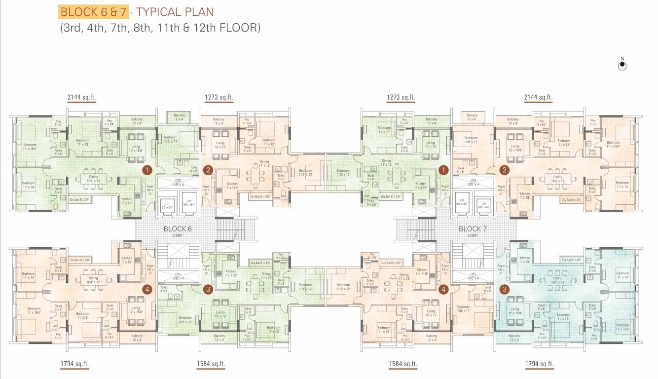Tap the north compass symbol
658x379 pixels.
(x=622, y=66)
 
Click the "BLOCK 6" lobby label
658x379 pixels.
(x=178, y=229)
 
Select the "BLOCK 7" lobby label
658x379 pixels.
(x=473, y=229)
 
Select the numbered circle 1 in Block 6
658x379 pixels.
(x=146, y=170)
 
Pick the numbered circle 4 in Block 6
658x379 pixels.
(x=146, y=289)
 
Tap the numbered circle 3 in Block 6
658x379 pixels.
(x=208, y=289)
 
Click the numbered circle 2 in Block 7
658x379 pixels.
(x=504, y=170)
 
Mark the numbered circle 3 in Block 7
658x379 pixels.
(x=504, y=289)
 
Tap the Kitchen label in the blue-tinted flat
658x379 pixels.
(x=524, y=260)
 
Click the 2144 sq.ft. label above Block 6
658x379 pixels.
(x=81, y=98)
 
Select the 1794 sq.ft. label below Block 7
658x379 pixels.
(x=539, y=364)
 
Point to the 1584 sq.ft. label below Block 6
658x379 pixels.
(x=211, y=364)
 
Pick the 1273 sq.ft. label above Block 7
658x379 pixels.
(x=401, y=98)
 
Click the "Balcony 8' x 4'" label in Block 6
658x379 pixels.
(x=179, y=117)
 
